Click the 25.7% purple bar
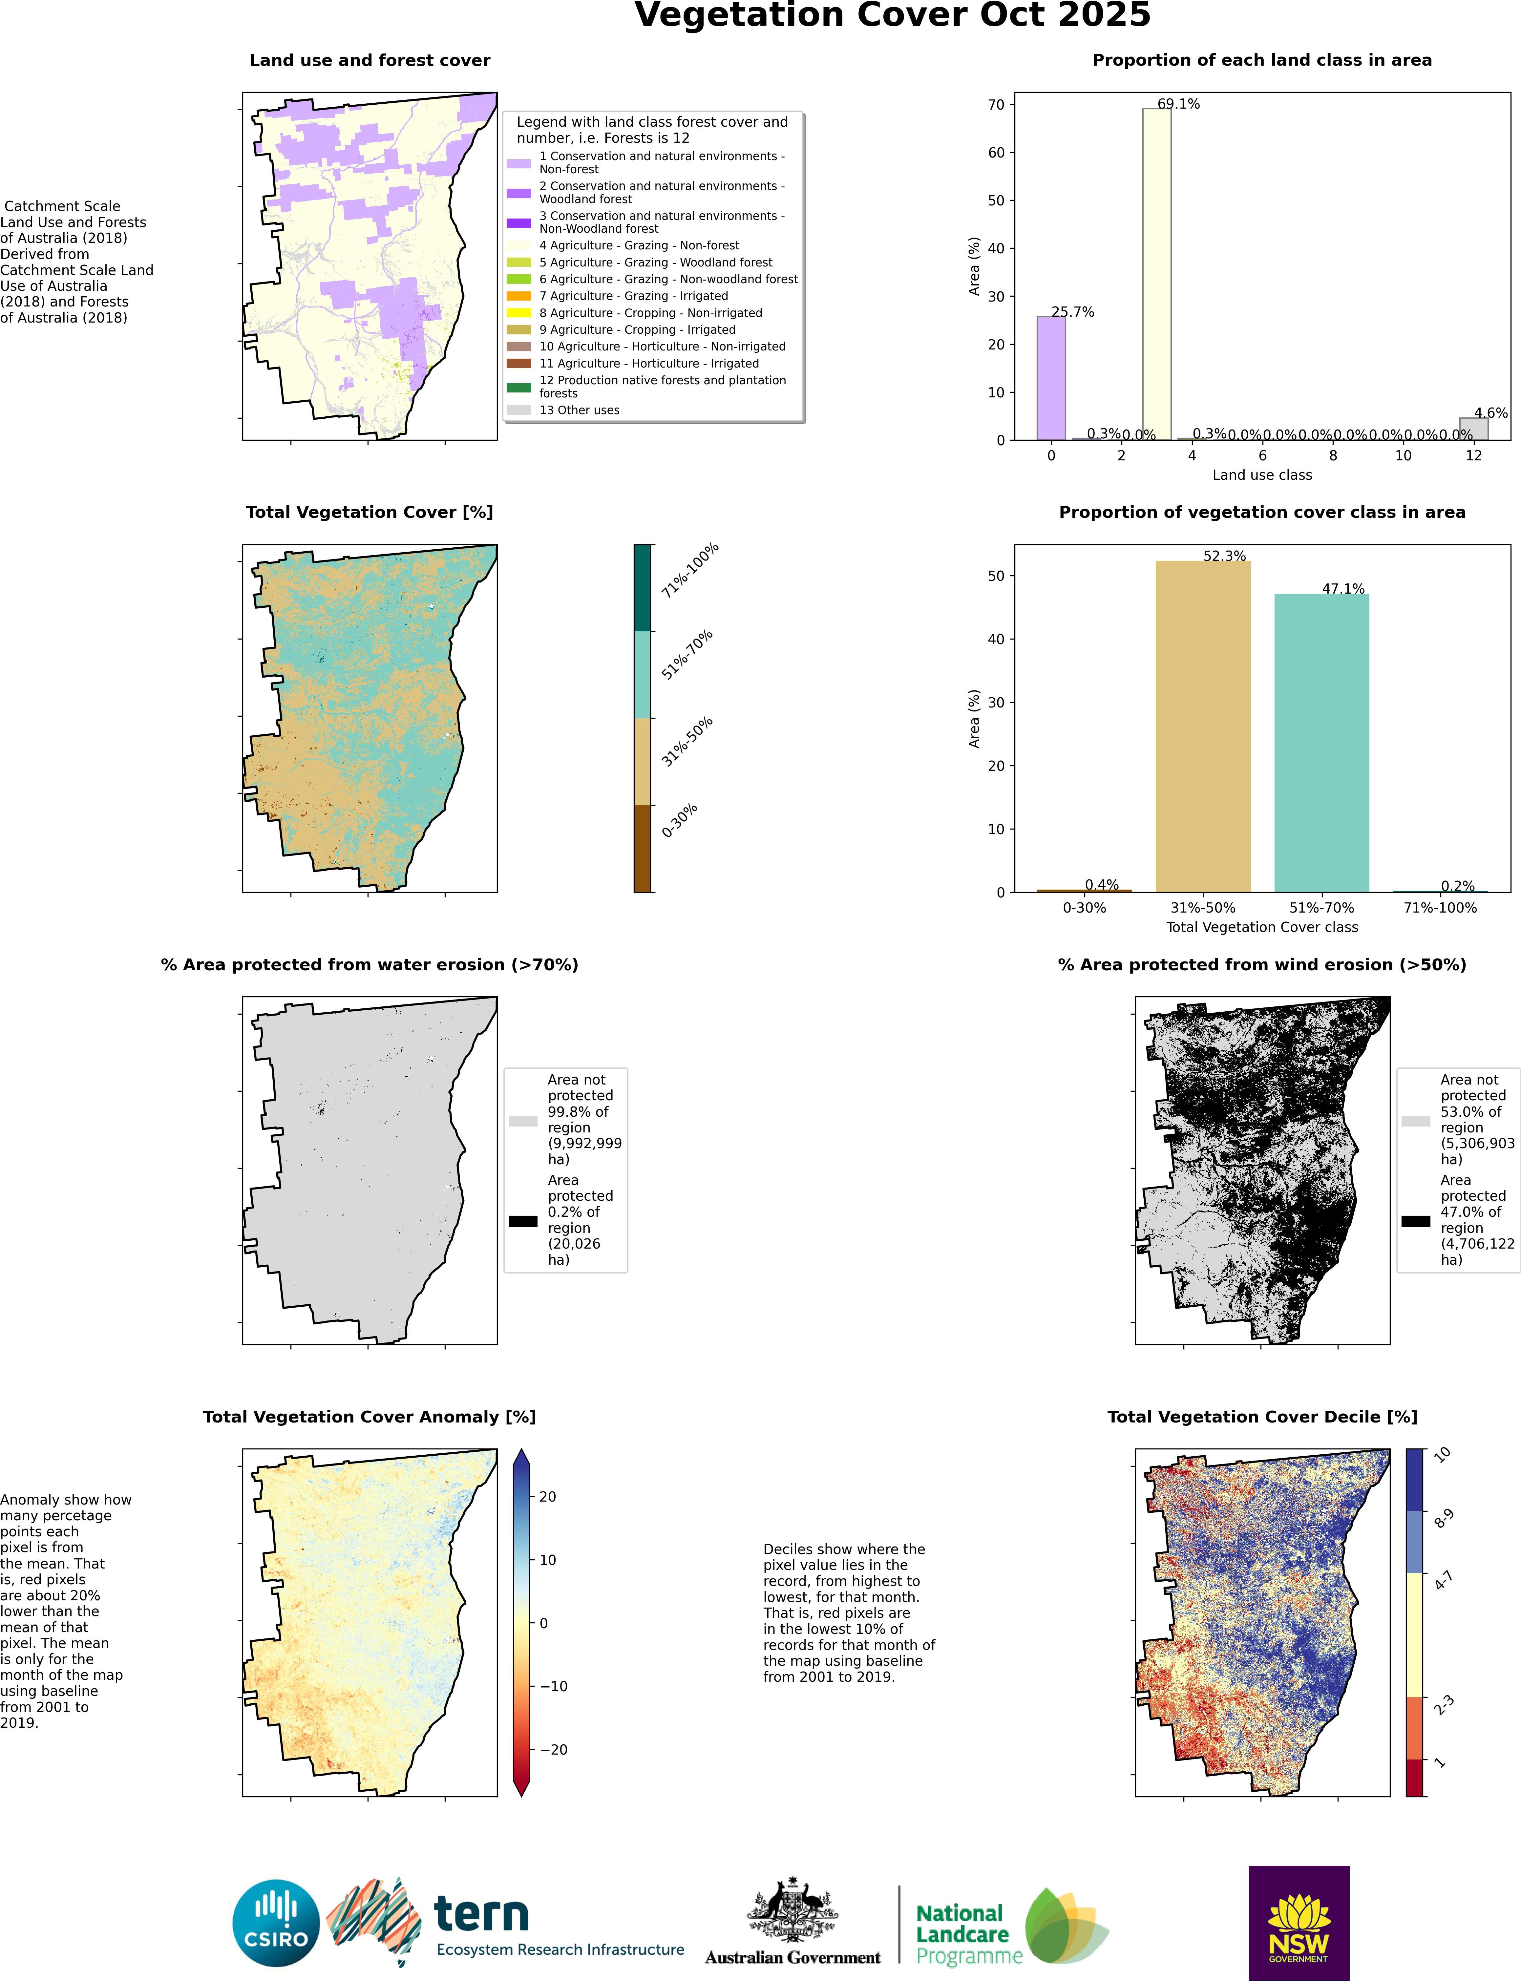(x=1051, y=378)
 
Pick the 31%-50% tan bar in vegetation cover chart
(x=1203, y=726)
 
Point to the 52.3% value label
(x=1225, y=556)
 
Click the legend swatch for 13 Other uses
(x=519, y=410)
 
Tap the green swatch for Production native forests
(x=519, y=388)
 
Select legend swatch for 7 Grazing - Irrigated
(x=519, y=296)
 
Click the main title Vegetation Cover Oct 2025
(x=893, y=15)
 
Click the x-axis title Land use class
(x=1262, y=475)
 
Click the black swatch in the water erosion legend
(x=523, y=1221)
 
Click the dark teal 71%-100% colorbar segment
(x=642, y=588)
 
